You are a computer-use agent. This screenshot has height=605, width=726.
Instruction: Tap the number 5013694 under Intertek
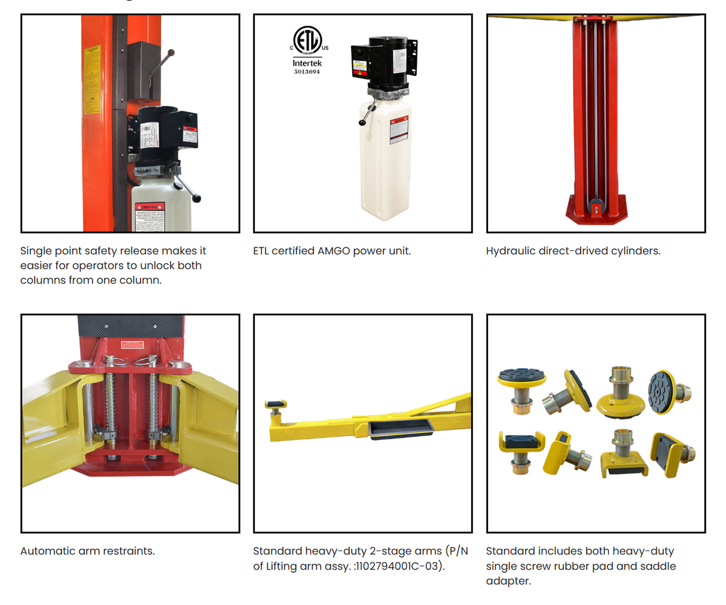coord(307,72)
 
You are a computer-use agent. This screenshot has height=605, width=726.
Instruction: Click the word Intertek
coord(307,63)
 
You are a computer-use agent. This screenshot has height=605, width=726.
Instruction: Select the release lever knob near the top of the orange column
coord(171,53)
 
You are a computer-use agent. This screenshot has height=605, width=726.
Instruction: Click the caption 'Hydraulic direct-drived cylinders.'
coord(573,251)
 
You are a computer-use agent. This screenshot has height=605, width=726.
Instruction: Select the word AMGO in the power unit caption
coord(334,251)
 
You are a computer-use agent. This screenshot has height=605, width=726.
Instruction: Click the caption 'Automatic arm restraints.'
coord(87,551)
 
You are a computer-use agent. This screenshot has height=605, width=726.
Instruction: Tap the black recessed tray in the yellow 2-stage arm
coord(399,428)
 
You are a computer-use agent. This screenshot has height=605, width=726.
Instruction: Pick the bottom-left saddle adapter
coord(520,448)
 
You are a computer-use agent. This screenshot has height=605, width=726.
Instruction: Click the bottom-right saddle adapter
coord(671,453)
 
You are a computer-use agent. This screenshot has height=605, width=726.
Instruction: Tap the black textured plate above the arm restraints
coord(130,326)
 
